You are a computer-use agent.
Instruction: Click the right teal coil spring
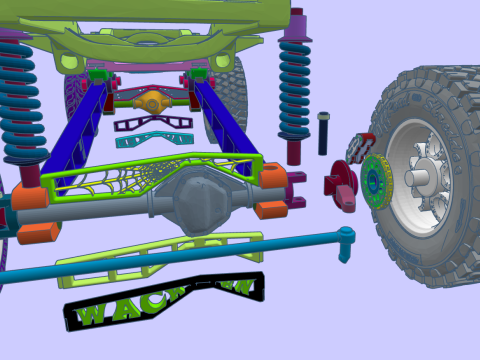tap(294, 90)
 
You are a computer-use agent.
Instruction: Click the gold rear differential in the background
tap(151, 102)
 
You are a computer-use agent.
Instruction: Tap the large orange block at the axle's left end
tap(39, 231)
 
